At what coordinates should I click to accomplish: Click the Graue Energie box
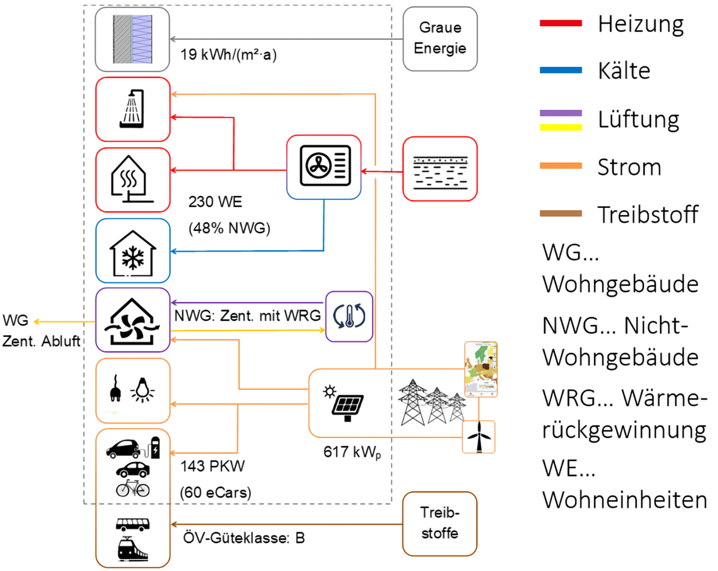pos(440,39)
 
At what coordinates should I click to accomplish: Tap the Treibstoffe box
pos(440,524)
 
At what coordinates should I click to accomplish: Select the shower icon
pos(132,108)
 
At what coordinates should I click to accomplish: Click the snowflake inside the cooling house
pos(133,258)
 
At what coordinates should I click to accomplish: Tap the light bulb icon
pos(143,390)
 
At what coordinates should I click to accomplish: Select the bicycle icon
pos(133,488)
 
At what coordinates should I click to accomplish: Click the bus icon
pos(133,524)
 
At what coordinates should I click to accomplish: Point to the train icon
pos(133,549)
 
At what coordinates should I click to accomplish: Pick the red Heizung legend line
pos(561,23)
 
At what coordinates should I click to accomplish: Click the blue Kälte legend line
pos(561,70)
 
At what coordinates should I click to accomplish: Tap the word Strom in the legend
pos(629,167)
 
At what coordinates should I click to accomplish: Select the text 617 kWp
pos(352,453)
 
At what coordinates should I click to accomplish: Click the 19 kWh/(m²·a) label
pos(228,54)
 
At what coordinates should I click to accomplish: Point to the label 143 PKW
pos(213,466)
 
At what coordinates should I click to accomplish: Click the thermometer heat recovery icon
pos(349,316)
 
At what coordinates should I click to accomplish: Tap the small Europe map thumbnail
pos(481,369)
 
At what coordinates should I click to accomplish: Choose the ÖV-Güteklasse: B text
pos(244,538)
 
